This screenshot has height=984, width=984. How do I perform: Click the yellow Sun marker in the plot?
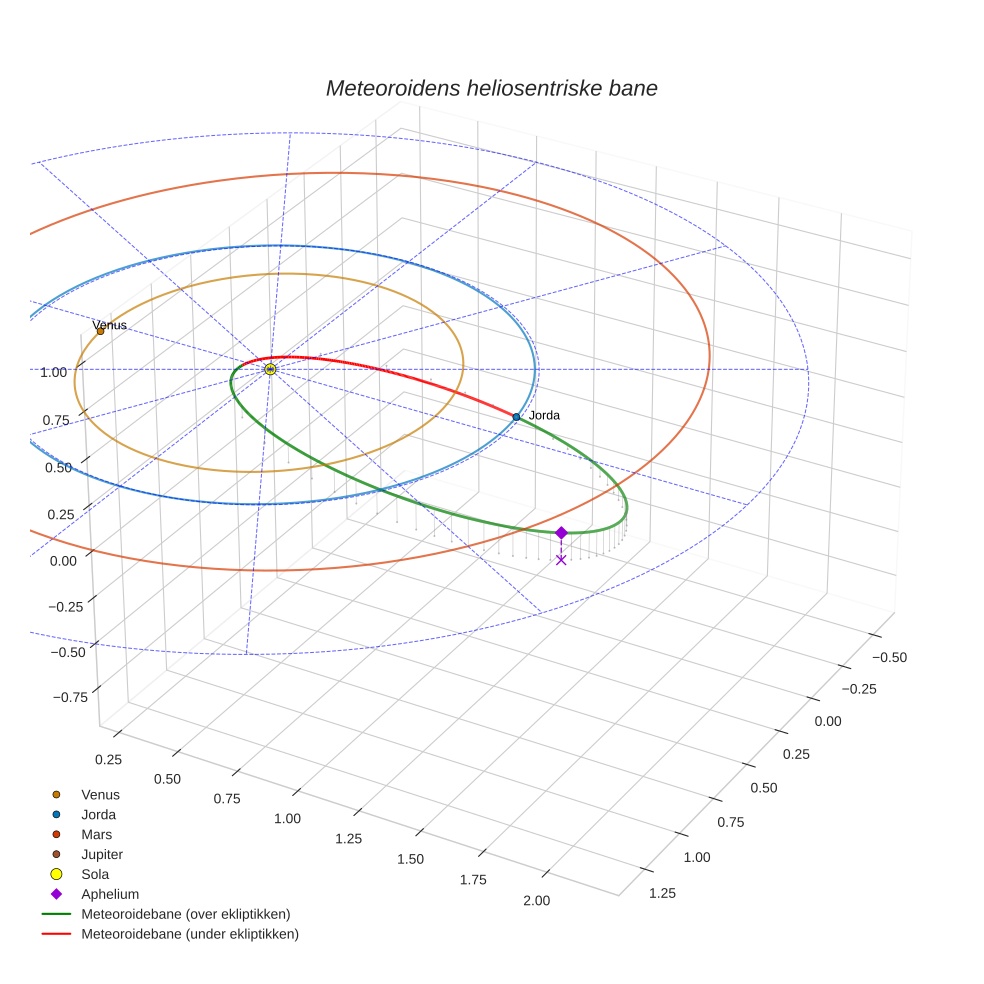[x=270, y=369]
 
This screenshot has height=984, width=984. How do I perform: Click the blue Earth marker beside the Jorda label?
[x=516, y=416]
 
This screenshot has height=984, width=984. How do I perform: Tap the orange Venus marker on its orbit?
[x=100, y=331]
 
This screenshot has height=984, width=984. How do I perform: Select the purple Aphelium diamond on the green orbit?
[x=561, y=533]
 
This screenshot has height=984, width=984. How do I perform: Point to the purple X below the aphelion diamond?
[x=561, y=560]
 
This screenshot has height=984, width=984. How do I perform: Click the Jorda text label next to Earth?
[x=544, y=415]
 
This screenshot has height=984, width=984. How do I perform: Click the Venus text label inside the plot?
[x=110, y=325]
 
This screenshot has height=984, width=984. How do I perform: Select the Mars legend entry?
[x=96, y=834]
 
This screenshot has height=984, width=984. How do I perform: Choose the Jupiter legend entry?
[x=101, y=854]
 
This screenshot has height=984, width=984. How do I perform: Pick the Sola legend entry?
[x=95, y=874]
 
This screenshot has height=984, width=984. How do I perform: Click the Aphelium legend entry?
[x=110, y=894]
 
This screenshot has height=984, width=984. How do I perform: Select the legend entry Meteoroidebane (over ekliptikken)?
[x=185, y=914]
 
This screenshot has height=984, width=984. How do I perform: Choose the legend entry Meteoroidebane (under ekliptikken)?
[x=189, y=934]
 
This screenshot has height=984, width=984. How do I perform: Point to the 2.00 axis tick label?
[x=536, y=901]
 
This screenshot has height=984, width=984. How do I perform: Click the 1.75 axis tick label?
[x=473, y=880]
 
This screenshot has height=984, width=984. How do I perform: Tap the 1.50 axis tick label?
[x=410, y=859]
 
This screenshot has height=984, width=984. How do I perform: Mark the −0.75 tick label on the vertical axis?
[x=70, y=698]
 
